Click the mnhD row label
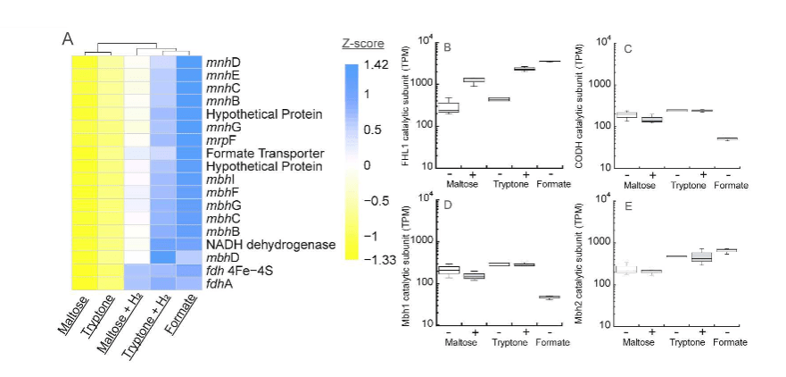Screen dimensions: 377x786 (224, 63)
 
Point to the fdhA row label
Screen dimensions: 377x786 (219, 282)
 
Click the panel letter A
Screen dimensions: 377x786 (68, 38)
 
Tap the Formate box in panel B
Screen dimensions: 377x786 (550, 62)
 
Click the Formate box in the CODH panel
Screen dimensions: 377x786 (728, 138)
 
